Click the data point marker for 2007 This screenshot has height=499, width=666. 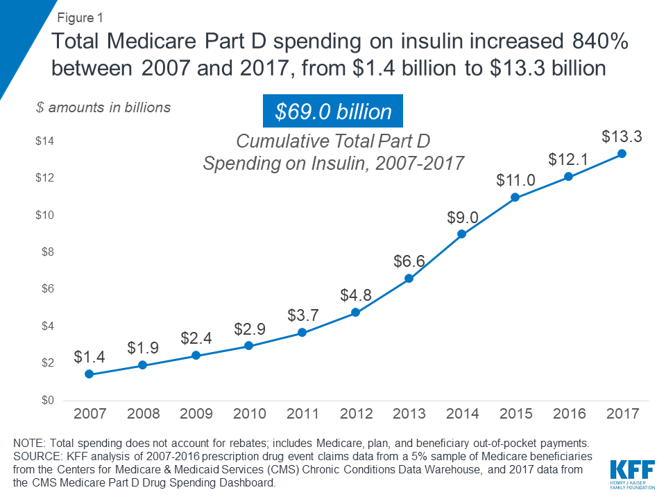click(x=89, y=374)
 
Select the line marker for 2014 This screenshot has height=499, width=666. click(x=462, y=234)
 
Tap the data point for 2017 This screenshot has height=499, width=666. click(x=622, y=153)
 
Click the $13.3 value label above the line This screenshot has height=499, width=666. click(x=622, y=137)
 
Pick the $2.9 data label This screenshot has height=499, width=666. click(x=249, y=329)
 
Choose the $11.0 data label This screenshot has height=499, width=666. click(x=515, y=181)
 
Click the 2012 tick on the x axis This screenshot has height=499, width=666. click(x=356, y=414)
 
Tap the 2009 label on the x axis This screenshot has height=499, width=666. click(x=196, y=414)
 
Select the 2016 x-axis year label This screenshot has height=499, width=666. click(x=569, y=414)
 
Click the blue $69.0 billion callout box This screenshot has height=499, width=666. click(x=332, y=111)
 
